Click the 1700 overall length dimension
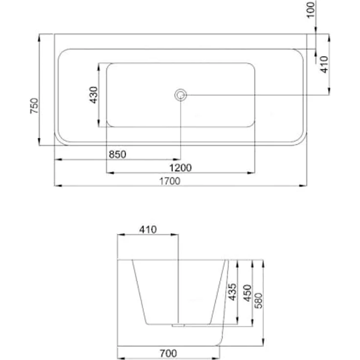tap(170, 181)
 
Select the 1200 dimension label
tap(180, 168)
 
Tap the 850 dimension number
tap(117, 155)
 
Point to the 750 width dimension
tap(34, 106)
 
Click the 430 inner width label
tap(93, 95)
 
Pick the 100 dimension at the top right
tap(311, 9)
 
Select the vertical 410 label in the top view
tap(324, 65)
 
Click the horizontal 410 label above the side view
tap(148, 229)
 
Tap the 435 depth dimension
tap(232, 292)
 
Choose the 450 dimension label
tap(247, 293)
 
